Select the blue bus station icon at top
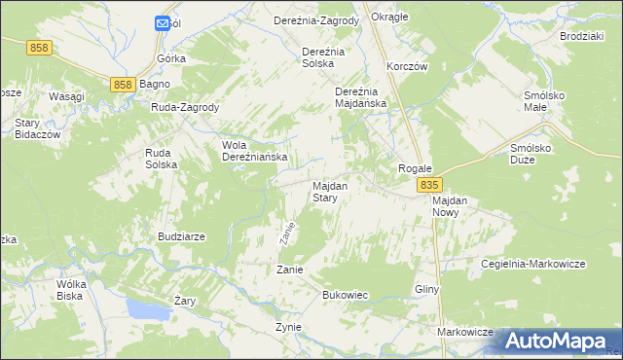point(162,23)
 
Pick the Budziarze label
point(180,236)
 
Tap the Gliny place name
point(427,290)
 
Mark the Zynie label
point(289,327)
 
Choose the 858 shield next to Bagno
point(122,85)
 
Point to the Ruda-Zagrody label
point(185,107)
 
